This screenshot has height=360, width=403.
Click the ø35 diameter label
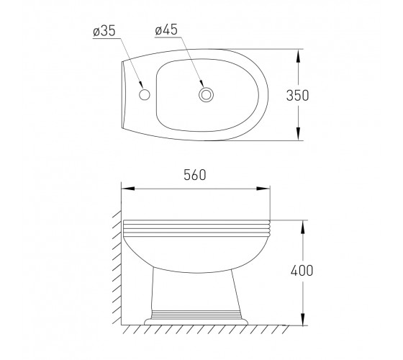[x=104, y=31]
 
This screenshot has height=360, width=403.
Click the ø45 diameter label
[x=166, y=30]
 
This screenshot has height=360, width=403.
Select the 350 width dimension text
[x=298, y=95]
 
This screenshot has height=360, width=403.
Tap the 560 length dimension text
[x=195, y=175]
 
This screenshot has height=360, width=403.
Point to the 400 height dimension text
[x=302, y=271]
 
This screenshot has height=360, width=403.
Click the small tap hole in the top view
[x=145, y=94]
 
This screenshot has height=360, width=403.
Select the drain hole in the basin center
[x=206, y=94]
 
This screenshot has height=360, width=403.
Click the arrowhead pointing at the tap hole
[x=141, y=85]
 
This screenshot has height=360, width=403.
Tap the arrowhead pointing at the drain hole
[x=201, y=84]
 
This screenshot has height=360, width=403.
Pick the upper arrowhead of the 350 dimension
[x=298, y=55]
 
